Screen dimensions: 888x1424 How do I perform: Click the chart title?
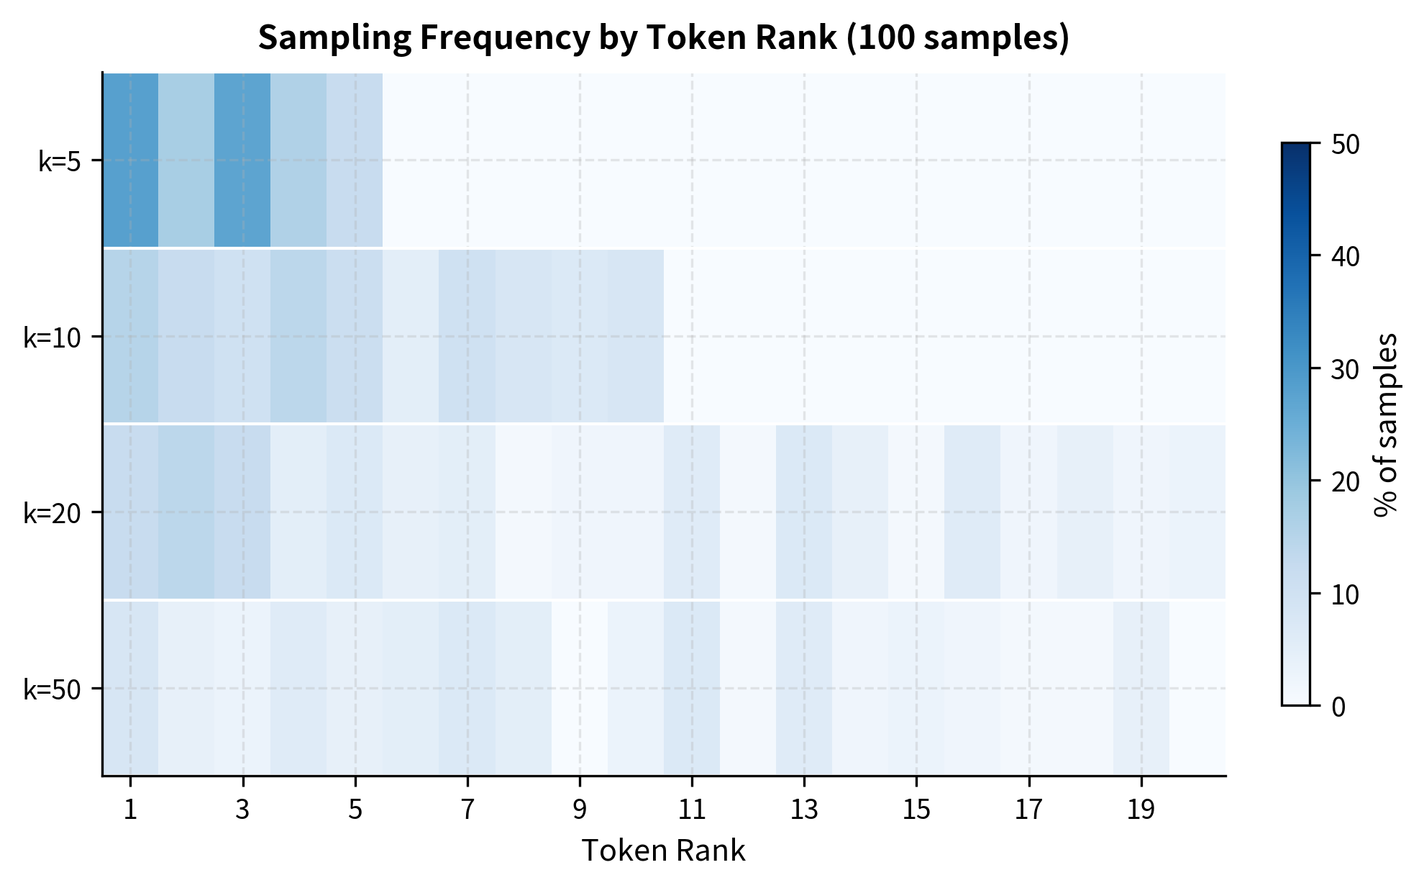click(x=663, y=37)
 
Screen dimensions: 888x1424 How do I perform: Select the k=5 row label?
click(x=59, y=162)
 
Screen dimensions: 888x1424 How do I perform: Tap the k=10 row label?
click(x=52, y=337)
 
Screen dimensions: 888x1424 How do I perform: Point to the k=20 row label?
click(x=52, y=514)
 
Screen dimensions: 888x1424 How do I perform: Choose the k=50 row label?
click(x=52, y=689)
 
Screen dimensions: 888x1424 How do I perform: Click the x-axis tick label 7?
click(x=467, y=810)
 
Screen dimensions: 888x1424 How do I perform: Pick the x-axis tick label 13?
click(x=804, y=810)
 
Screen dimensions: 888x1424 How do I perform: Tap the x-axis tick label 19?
click(x=1141, y=810)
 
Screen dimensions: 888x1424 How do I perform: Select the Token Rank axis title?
click(x=663, y=851)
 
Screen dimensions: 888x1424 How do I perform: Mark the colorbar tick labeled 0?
click(x=1338, y=707)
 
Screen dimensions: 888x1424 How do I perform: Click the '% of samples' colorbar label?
click(x=1385, y=425)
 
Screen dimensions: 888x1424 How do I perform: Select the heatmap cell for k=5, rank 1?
click(x=130, y=160)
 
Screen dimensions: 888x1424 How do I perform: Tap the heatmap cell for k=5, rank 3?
click(x=242, y=160)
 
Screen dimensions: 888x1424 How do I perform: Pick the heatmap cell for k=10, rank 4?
click(x=298, y=336)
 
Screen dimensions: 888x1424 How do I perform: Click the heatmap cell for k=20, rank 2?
click(x=186, y=512)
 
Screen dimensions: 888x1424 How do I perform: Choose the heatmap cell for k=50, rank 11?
click(x=692, y=688)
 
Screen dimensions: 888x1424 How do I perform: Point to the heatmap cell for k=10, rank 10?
click(x=636, y=336)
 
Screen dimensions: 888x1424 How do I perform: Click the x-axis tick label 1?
click(x=130, y=810)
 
